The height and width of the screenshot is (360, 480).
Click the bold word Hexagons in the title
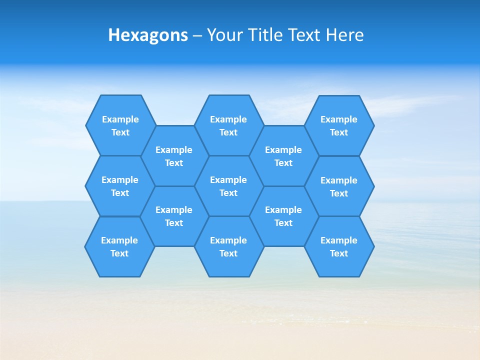click(148, 35)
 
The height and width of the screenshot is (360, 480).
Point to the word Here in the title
click(344, 35)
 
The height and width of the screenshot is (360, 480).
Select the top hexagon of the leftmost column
click(120, 125)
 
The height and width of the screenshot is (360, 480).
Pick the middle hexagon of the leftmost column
click(120, 186)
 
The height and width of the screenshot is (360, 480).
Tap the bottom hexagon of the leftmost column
click(119, 246)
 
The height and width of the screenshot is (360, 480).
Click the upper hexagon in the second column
click(174, 156)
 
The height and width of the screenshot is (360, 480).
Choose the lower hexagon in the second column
click(174, 216)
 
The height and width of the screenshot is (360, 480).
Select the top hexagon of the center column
click(228, 125)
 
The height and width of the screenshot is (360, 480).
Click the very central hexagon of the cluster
click(228, 186)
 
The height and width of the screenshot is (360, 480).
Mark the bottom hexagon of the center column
click(228, 246)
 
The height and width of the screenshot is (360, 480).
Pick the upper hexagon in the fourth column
click(283, 156)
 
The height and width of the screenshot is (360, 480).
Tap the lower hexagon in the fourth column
click(283, 216)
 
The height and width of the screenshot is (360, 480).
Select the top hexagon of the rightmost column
click(339, 125)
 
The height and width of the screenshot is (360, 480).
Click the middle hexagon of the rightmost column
click(339, 186)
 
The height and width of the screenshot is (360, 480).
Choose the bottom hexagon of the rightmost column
click(339, 246)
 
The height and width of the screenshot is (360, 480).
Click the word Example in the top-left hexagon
click(120, 119)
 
